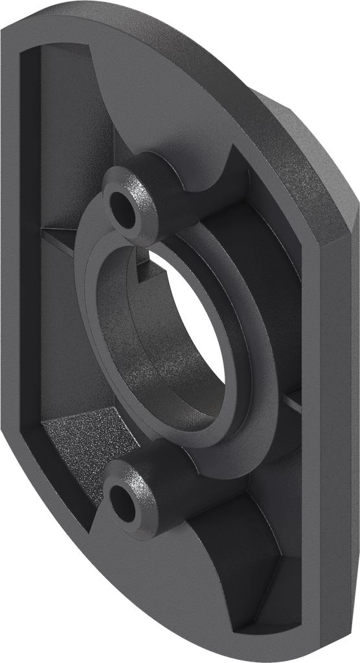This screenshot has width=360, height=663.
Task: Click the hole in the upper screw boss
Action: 123,204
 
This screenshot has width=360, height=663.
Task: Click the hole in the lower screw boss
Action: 124,500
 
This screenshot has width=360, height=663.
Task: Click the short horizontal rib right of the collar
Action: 295,403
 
